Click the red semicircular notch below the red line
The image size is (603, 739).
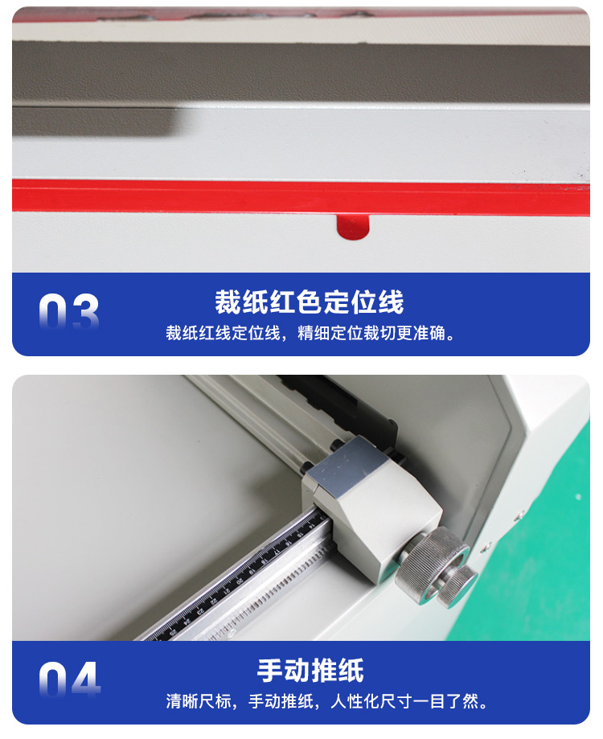(353, 227)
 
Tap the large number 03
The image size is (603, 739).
(69, 311)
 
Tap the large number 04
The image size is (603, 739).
(70, 679)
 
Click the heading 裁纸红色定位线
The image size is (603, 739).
(310, 302)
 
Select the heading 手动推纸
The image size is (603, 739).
(310, 670)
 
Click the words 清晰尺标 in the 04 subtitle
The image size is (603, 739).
(199, 701)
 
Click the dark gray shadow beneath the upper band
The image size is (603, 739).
(94, 121)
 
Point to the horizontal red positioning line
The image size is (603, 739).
(301, 197)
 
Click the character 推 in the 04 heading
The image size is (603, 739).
(324, 670)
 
